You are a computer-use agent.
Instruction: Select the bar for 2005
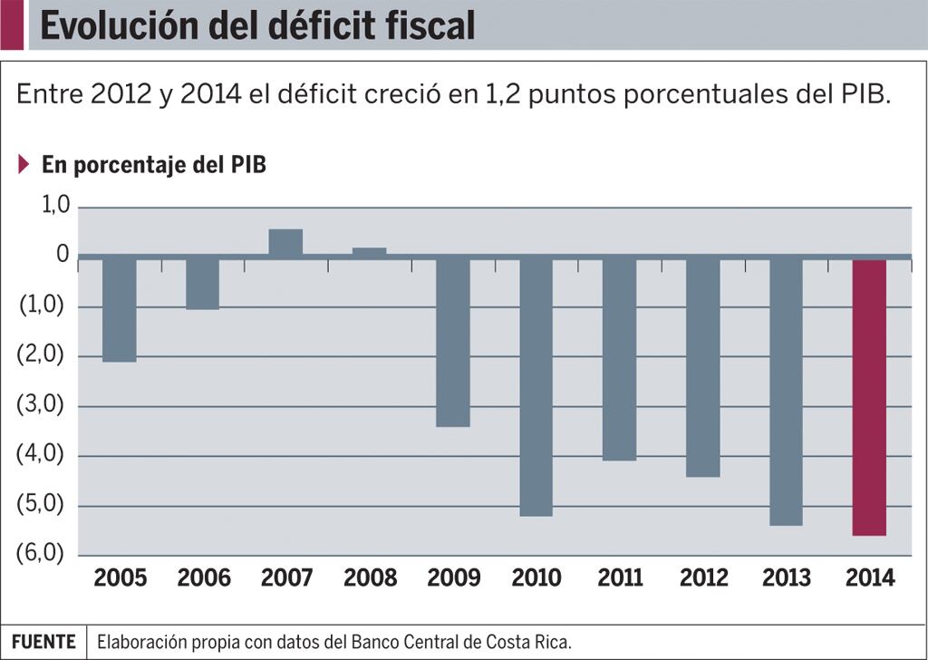120,309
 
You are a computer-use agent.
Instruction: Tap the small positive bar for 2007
285,242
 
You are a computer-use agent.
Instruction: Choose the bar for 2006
202,284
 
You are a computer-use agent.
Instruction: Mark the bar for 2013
786,392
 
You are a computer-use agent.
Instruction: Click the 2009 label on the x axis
452,577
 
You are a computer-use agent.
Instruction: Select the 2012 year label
703,577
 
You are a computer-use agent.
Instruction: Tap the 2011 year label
620,577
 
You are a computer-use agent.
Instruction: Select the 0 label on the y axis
63,255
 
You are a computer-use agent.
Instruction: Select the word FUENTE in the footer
43,642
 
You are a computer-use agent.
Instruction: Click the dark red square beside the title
12,24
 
